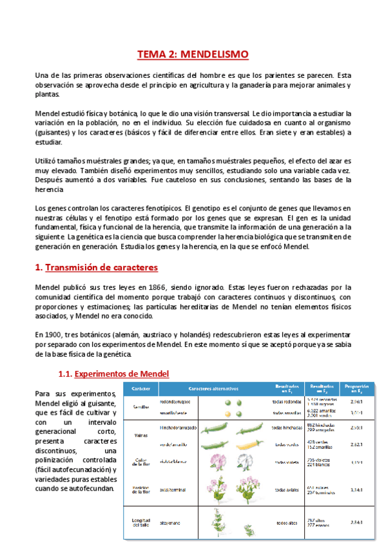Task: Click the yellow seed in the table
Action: [227, 413]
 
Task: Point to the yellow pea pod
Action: [249, 444]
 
